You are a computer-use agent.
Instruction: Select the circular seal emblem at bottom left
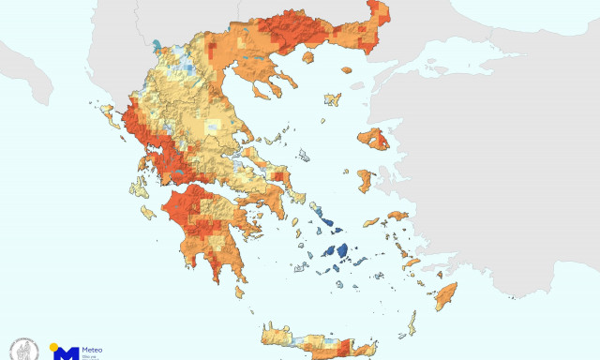(22, 350)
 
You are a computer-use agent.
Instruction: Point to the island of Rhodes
(445, 296)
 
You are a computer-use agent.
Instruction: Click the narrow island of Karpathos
(411, 324)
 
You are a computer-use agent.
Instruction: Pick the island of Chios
(364, 180)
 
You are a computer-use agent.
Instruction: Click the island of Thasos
(307, 58)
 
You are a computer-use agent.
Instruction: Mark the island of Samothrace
(346, 68)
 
